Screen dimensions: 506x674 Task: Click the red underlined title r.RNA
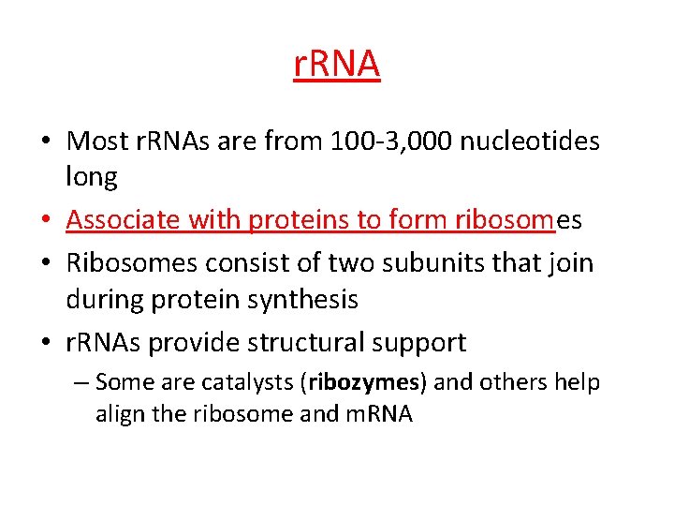337,65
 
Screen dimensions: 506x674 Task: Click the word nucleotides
537,141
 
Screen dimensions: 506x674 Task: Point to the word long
92,176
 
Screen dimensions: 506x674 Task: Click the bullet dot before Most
45,141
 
